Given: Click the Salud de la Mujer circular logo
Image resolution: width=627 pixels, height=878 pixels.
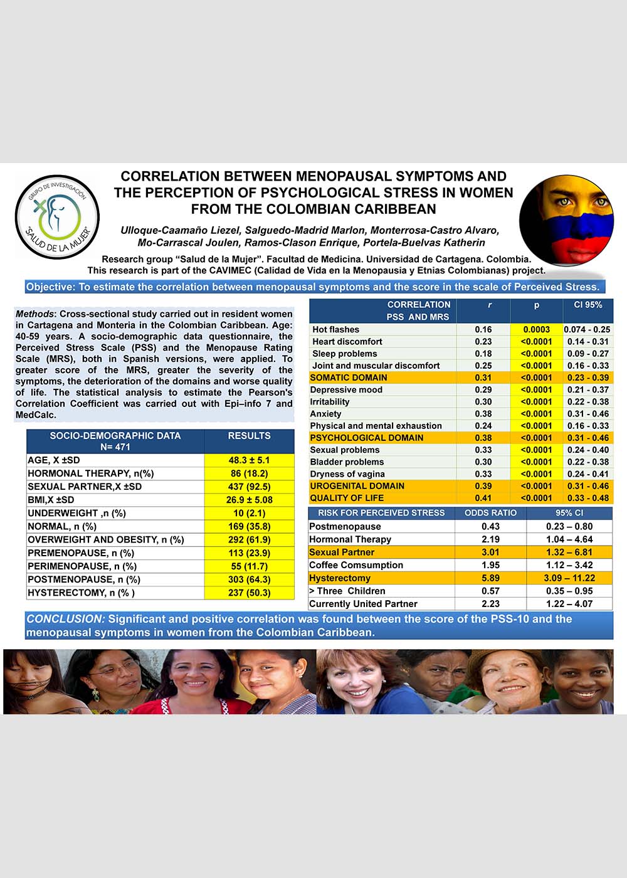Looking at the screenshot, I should point(57,217).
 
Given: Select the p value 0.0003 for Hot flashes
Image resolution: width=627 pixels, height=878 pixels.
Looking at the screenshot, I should point(536,329).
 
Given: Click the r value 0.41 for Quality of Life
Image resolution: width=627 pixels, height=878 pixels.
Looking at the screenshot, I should point(483,498).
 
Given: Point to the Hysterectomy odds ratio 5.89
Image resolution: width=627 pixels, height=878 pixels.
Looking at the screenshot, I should point(490,578).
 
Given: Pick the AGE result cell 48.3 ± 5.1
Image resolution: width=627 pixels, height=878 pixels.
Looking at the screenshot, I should point(249,460).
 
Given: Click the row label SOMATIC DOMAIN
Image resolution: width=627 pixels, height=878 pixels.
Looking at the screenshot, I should point(349,378).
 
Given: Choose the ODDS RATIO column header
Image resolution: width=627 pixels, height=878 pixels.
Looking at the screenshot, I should point(490,513).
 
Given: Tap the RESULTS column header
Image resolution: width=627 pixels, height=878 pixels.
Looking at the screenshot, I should point(249,436).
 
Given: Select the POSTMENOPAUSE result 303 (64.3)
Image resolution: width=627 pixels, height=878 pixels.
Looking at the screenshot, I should point(249,579).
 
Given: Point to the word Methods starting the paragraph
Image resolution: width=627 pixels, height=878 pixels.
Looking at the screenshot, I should point(36,314).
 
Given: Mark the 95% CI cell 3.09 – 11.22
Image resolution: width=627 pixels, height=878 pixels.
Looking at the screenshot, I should point(569,578).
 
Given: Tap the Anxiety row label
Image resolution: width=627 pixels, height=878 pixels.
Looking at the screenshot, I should point(326,414).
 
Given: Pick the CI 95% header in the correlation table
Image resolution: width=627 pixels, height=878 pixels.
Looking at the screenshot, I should point(587,305).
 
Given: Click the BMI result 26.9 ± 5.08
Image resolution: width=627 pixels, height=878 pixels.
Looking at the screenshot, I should point(249,500).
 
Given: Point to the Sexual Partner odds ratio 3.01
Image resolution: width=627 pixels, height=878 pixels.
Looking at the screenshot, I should point(490,553).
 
